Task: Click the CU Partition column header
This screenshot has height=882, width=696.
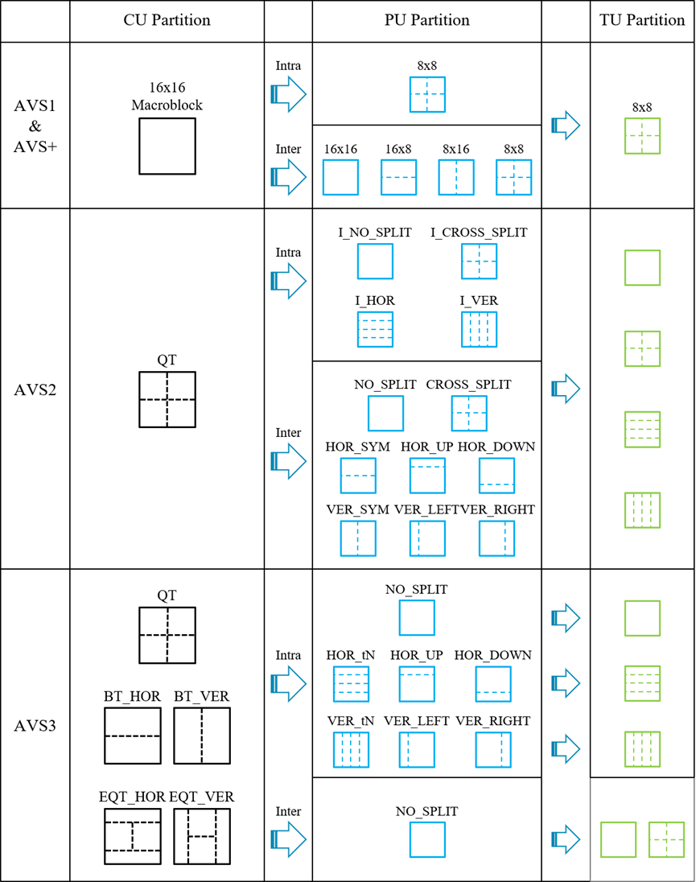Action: [167, 20]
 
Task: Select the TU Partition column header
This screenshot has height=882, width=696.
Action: [642, 20]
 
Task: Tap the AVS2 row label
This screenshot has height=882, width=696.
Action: [35, 389]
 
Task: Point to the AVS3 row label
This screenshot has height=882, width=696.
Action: [35, 725]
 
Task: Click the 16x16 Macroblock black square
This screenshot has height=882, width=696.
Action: [167, 146]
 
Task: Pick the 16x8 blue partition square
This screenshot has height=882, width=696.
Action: [398, 177]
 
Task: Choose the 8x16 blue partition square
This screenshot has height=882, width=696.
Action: [456, 177]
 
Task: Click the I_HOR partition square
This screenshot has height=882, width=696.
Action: [375, 329]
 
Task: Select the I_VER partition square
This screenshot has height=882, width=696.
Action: [479, 329]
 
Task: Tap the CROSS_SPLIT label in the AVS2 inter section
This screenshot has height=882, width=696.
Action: [468, 385]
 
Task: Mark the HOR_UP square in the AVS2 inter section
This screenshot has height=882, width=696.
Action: [427, 476]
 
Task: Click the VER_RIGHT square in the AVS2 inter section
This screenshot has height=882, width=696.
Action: [496, 538]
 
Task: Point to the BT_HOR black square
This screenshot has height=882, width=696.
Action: [133, 736]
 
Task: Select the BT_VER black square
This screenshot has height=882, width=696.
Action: [202, 736]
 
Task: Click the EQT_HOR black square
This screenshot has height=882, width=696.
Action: [133, 836]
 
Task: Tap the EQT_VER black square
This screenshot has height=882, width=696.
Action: [202, 836]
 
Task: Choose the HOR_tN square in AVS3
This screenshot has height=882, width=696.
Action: [351, 683]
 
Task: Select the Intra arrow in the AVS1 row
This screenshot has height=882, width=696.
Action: [288, 95]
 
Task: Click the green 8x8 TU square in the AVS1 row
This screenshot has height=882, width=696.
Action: [642, 135]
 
